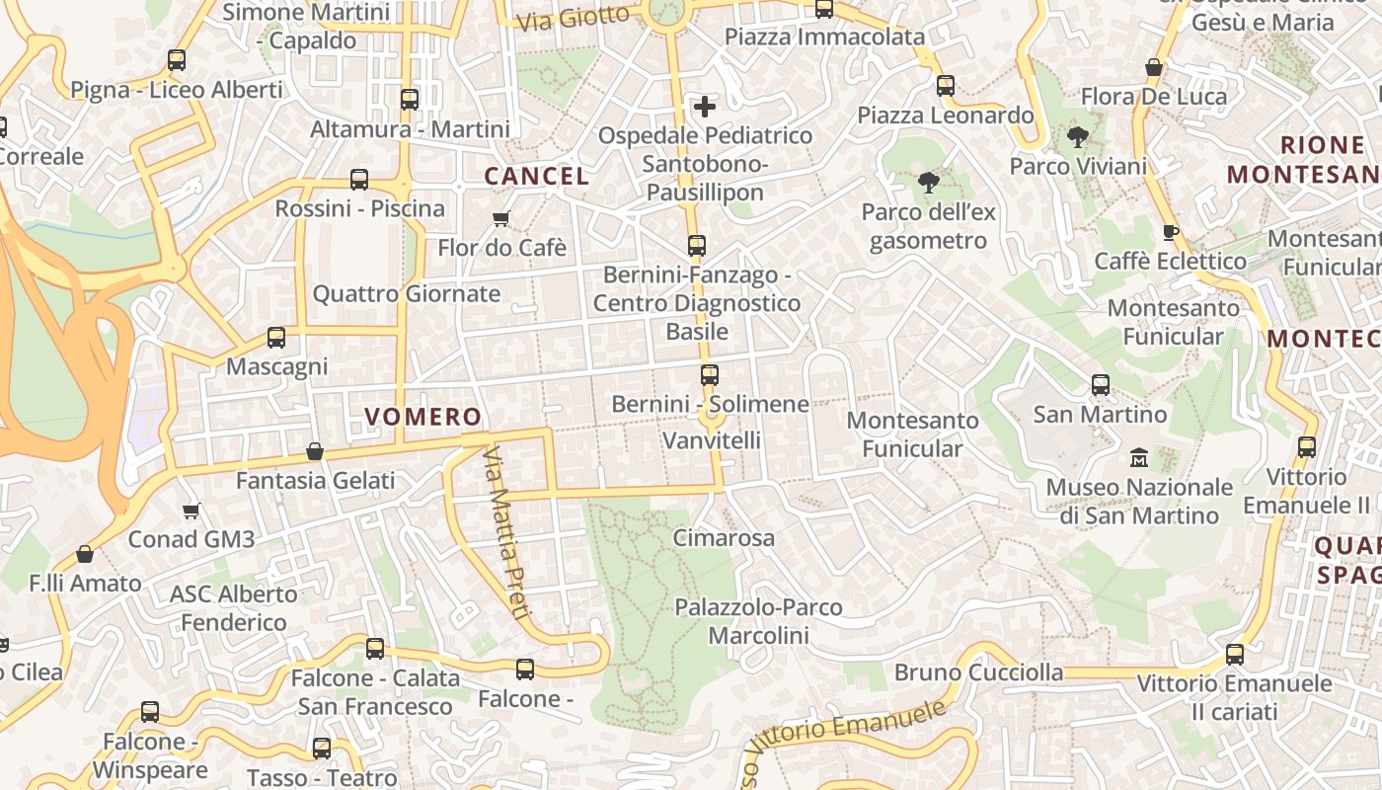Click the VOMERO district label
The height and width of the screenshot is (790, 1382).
pyautogui.click(x=423, y=417)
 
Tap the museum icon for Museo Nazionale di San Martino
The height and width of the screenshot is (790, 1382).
pyautogui.click(x=1139, y=458)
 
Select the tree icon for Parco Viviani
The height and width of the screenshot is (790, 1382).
pyautogui.click(x=1077, y=137)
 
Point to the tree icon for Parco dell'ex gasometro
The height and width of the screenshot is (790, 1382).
pyautogui.click(x=928, y=183)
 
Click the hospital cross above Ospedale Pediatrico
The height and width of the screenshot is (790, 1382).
pyautogui.click(x=705, y=106)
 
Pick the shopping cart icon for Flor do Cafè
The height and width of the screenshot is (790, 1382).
pyautogui.click(x=501, y=218)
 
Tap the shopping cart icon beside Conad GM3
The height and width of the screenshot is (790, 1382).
pyautogui.click(x=192, y=511)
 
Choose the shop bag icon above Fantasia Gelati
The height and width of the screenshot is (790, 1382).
pyautogui.click(x=315, y=451)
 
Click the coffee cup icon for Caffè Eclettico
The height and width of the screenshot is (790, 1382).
pyautogui.click(x=1171, y=232)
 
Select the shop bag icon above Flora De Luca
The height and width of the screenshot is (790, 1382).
pyautogui.click(x=1153, y=67)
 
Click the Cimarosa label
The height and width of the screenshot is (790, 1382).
pyautogui.click(x=724, y=538)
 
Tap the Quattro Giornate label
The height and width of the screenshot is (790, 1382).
pyautogui.click(x=407, y=293)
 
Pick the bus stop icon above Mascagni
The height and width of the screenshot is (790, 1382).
pyautogui.click(x=276, y=338)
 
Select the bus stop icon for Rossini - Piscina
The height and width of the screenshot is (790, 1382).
pyautogui.click(x=359, y=180)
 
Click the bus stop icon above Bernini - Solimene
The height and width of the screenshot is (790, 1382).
pyautogui.click(x=710, y=374)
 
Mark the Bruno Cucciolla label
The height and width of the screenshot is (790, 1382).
pyautogui.click(x=979, y=672)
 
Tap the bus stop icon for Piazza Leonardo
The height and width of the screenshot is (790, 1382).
pyautogui.click(x=946, y=86)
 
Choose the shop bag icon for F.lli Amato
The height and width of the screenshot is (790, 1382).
pyautogui.click(x=85, y=554)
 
